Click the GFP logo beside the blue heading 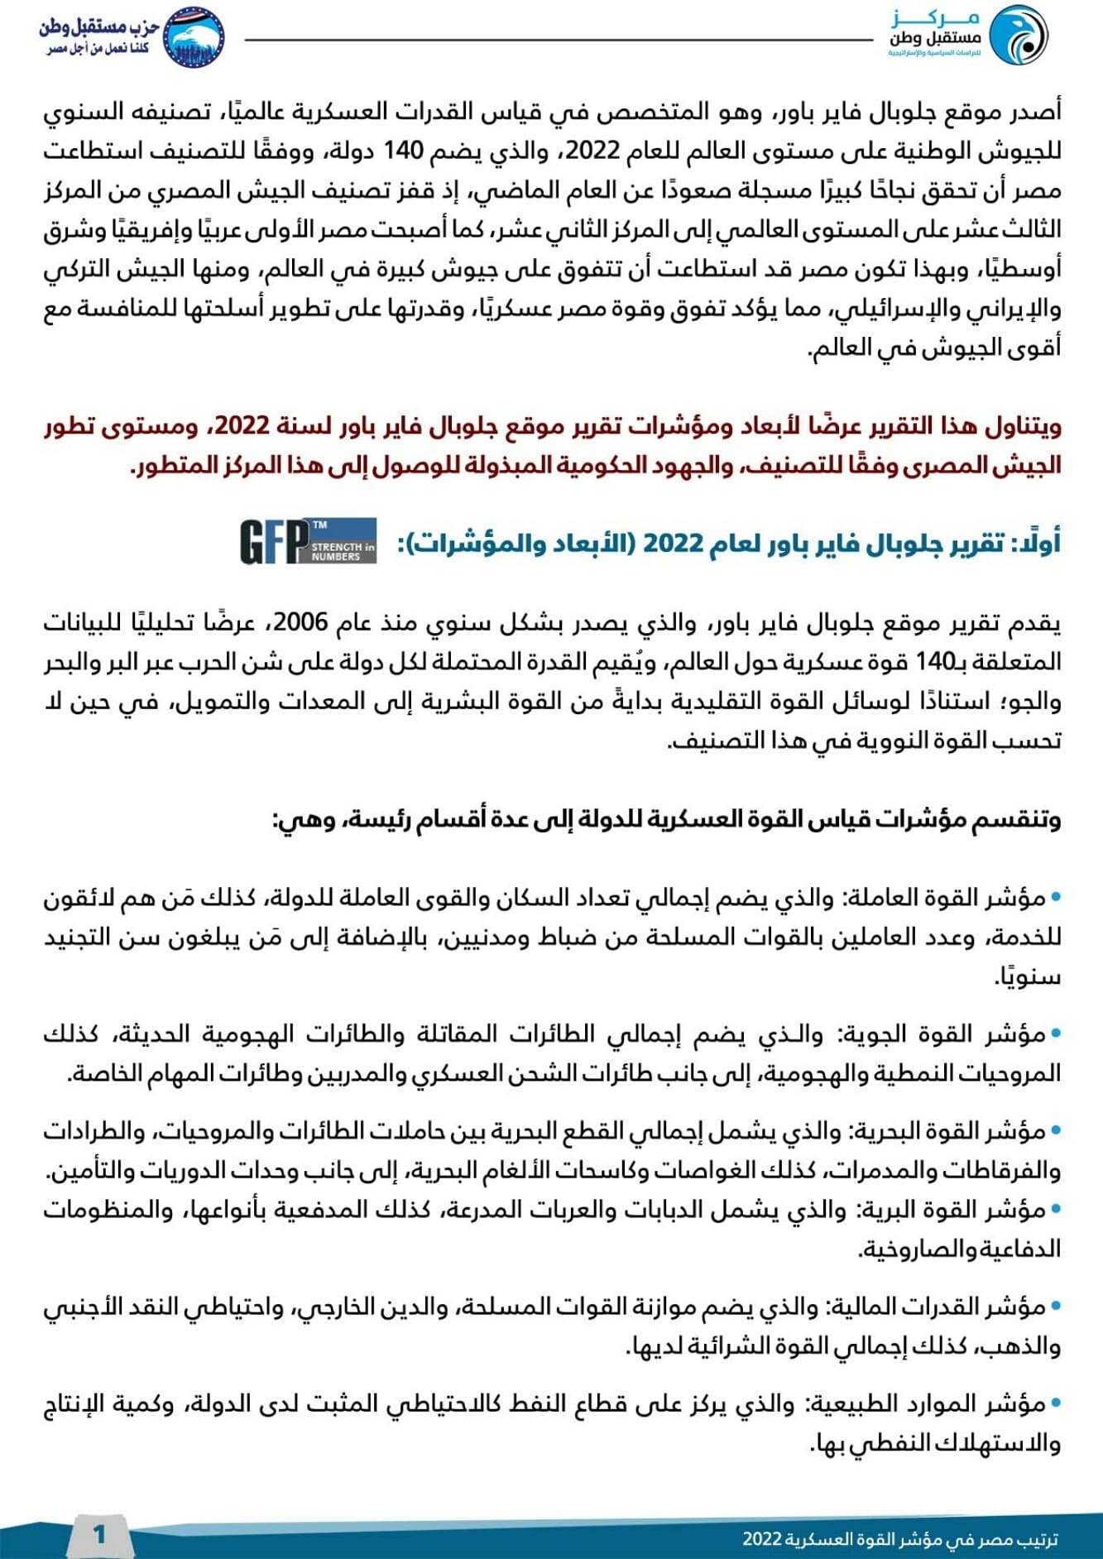point(308,542)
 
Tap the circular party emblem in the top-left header point(193,35)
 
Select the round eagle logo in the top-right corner point(1019,35)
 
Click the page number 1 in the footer point(99,1534)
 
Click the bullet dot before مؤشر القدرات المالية point(1055,1308)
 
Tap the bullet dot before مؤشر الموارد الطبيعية point(1055,1405)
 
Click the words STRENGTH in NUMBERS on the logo point(343,552)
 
